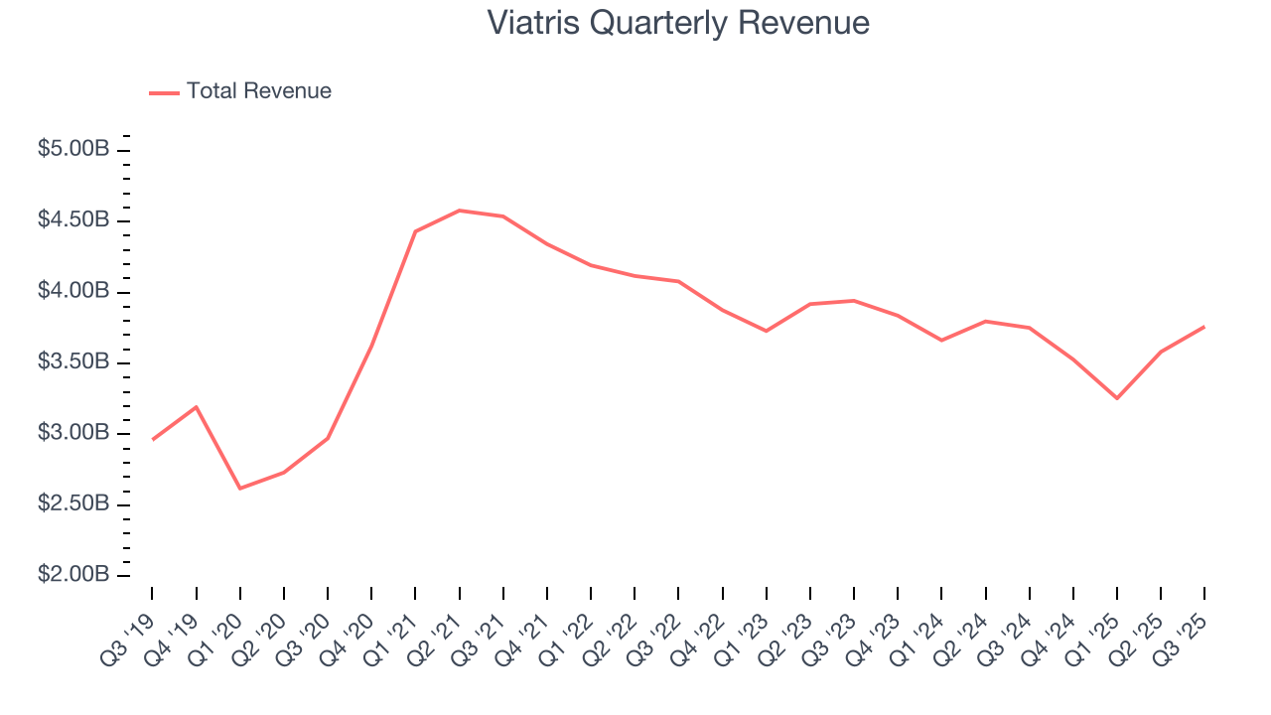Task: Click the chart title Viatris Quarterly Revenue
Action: click(678, 23)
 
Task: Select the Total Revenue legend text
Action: click(258, 91)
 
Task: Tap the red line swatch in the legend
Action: click(164, 92)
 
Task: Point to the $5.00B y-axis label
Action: click(73, 150)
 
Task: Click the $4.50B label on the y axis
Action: click(73, 220)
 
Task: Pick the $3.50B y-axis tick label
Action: click(73, 362)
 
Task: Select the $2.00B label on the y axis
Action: click(73, 576)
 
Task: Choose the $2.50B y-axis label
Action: click(73, 504)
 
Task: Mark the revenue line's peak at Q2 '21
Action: click(459, 211)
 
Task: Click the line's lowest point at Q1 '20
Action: click(240, 489)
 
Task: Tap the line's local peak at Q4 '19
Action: click(196, 406)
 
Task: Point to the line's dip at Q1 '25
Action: click(1117, 398)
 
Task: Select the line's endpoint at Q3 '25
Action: click(1204, 327)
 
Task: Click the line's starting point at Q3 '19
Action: click(152, 439)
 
